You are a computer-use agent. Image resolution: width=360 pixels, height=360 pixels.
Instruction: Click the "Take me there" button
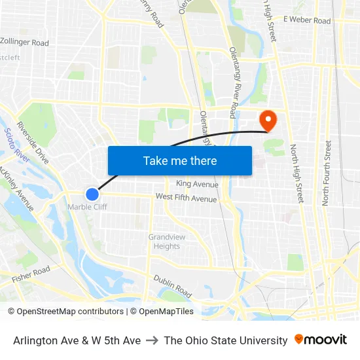[180, 161]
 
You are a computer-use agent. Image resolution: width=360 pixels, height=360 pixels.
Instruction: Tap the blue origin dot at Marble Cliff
[92, 194]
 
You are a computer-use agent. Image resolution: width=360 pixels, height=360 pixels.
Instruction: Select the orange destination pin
[268, 120]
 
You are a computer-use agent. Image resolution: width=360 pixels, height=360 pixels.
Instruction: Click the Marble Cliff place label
[87, 207]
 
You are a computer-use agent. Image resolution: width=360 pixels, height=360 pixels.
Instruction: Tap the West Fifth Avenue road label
[186, 198]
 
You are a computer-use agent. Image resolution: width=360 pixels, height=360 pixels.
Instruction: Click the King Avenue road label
[197, 185]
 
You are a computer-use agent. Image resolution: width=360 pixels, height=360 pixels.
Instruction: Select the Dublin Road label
[172, 286]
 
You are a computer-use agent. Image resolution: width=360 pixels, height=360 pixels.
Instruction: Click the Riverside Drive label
[33, 143]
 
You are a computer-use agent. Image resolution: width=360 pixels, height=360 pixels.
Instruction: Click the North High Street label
[297, 173]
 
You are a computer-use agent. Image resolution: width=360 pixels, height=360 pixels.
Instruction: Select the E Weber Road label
[307, 21]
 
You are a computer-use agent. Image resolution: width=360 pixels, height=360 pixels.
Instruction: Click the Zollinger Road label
[25, 43]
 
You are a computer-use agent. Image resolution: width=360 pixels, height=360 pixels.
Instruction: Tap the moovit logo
[321, 340]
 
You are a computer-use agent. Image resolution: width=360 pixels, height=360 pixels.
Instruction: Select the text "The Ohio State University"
[226, 340]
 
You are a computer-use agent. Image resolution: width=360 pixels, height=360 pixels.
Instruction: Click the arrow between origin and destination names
[152, 340]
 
